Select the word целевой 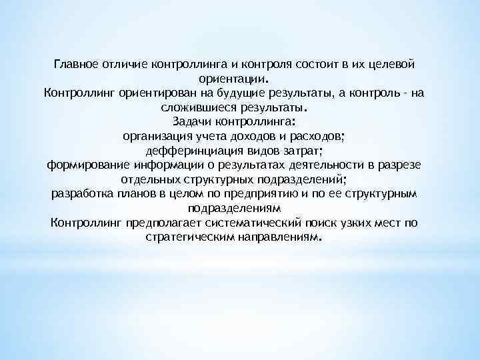pyautogui.click(x=394, y=64)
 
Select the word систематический pyautogui.click(x=250, y=223)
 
